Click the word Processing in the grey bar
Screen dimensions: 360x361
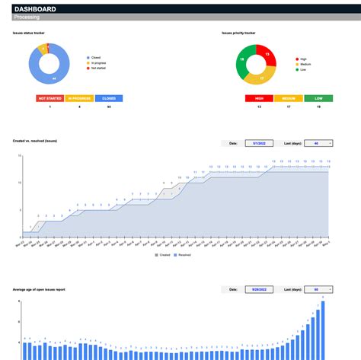(29, 17)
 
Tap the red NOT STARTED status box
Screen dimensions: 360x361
(50, 98)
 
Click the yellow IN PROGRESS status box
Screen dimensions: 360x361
(79, 98)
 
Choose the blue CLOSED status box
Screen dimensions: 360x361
(109, 98)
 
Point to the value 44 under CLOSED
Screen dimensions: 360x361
(109, 107)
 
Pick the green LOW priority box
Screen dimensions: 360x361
(318, 98)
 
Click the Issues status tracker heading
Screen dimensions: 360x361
(29, 33)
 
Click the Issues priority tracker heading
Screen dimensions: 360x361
(238, 33)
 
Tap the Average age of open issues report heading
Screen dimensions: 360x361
(44, 290)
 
